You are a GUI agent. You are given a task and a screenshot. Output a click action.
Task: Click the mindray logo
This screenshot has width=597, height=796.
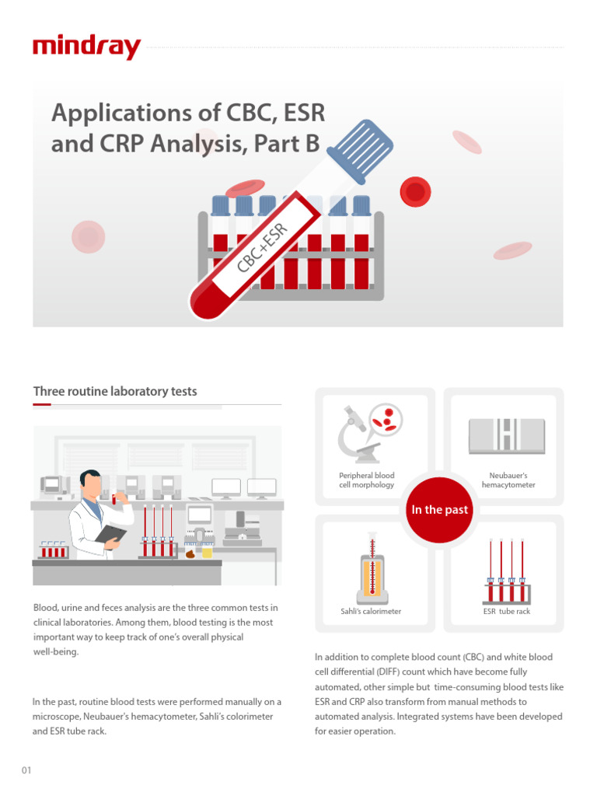tap(86, 47)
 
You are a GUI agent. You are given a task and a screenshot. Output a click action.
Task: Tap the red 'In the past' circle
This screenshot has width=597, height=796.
tap(439, 509)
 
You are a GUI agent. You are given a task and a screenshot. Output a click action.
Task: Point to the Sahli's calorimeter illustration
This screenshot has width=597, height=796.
tap(372, 570)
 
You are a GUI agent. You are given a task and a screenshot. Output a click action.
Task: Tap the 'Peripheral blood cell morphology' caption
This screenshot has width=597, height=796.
tap(367, 480)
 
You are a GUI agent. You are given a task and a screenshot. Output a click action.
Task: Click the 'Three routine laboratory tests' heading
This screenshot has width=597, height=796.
tap(115, 392)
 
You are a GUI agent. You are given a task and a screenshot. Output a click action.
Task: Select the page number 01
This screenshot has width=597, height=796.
tap(26, 770)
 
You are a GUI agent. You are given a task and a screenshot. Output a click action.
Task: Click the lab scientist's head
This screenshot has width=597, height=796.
tap(92, 484)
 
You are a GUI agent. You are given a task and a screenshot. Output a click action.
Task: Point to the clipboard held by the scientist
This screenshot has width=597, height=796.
tap(111, 534)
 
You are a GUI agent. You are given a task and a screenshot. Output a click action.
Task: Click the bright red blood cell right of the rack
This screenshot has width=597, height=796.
tap(415, 192)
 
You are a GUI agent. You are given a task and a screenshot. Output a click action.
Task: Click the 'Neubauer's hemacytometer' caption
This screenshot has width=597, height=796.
tap(508, 480)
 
